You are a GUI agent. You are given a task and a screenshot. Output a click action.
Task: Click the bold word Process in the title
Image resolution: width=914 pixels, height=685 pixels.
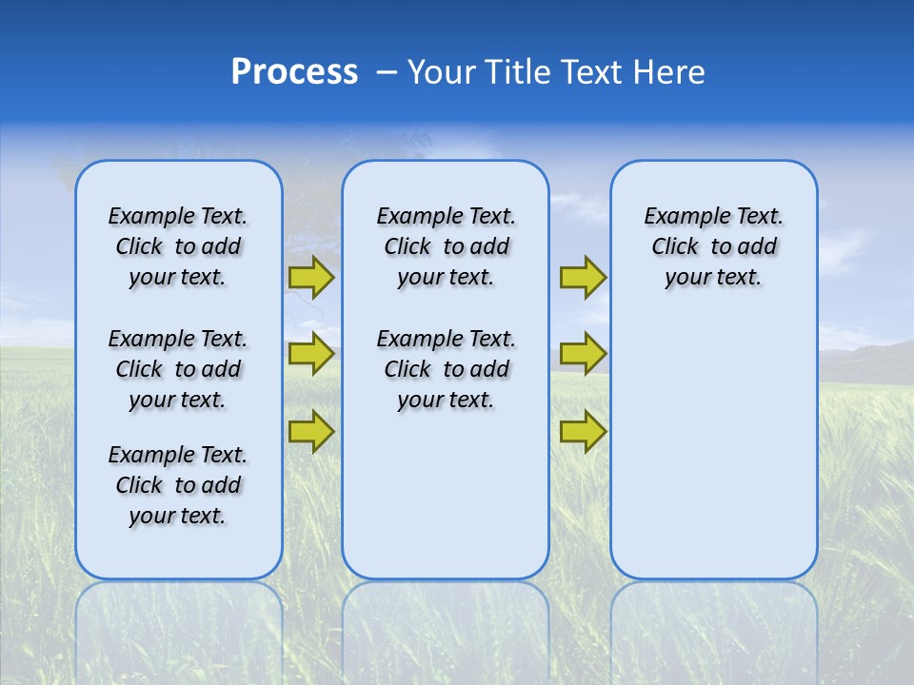click(294, 72)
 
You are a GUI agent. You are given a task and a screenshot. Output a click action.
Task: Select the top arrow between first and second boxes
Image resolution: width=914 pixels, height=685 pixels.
click(310, 277)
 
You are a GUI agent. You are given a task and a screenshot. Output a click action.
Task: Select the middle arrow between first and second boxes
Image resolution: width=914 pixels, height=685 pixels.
click(310, 354)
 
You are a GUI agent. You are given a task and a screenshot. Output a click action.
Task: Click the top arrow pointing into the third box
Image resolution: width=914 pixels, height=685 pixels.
click(583, 277)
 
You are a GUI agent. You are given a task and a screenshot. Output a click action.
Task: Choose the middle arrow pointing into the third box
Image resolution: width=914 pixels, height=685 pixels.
click(583, 354)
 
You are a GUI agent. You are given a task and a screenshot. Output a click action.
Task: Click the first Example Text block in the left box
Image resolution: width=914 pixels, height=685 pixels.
click(178, 246)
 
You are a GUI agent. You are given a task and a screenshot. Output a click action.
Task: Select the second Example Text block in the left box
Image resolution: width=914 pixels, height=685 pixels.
click(178, 369)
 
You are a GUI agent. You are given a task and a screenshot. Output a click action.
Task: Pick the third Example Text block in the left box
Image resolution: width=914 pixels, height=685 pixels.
click(178, 485)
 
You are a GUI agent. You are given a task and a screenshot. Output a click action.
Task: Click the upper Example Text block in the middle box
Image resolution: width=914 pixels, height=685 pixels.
click(446, 246)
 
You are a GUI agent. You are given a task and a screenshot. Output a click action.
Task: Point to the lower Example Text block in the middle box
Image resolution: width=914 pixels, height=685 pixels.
click(446, 369)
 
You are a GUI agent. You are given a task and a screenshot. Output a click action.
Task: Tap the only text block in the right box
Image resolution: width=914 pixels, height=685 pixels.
click(713, 246)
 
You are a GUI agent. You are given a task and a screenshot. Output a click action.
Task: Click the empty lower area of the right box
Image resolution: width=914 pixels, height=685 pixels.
click(713, 447)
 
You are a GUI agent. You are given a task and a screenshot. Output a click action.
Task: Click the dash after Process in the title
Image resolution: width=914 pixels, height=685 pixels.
click(387, 73)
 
